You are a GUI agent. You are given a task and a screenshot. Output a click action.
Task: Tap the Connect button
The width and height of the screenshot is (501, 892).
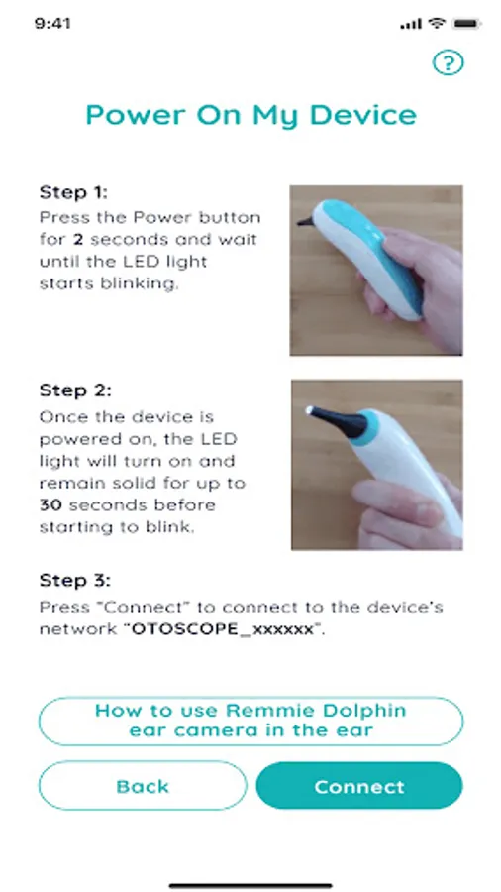tap(359, 786)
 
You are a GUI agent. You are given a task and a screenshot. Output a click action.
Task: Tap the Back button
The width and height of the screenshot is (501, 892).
tap(143, 786)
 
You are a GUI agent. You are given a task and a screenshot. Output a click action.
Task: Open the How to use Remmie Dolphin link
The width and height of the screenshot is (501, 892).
tap(250, 721)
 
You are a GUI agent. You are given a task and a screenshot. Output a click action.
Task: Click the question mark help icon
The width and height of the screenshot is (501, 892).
tap(449, 62)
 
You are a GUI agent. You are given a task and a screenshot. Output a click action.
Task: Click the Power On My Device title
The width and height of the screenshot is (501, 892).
tap(251, 116)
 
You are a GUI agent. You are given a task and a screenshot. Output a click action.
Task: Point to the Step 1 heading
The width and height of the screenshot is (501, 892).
tap(73, 193)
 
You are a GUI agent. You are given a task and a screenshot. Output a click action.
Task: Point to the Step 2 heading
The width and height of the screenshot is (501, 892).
tap(75, 390)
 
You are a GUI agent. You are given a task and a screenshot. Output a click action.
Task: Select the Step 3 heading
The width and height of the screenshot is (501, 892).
tap(75, 580)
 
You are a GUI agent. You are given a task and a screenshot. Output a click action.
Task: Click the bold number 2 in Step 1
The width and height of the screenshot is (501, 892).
tap(78, 240)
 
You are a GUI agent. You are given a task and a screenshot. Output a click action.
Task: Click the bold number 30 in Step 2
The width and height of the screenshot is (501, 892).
tap(51, 505)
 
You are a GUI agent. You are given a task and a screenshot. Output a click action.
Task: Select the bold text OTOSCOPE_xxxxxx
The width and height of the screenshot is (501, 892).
tap(223, 630)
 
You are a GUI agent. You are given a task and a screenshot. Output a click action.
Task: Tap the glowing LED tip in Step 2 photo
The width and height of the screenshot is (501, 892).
tap(310, 409)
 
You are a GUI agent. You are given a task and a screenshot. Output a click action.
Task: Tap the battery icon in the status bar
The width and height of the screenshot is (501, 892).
tap(466, 24)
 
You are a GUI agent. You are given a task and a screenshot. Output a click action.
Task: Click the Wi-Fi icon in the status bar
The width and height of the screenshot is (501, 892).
tap(437, 24)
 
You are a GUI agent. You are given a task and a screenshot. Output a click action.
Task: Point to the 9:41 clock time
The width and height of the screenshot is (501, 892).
tap(52, 24)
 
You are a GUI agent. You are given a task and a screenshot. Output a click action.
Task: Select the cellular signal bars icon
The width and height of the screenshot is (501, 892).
tap(411, 24)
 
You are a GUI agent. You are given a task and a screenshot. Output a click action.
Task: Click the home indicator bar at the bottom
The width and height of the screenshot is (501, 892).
tap(250, 885)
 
